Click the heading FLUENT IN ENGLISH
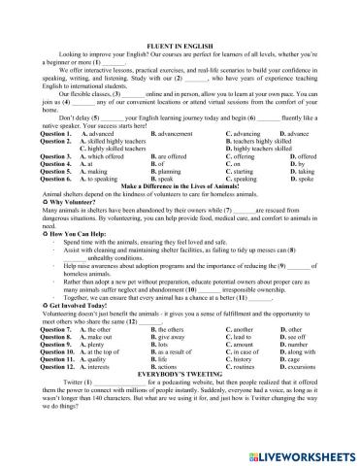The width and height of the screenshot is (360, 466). pos(180,47)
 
